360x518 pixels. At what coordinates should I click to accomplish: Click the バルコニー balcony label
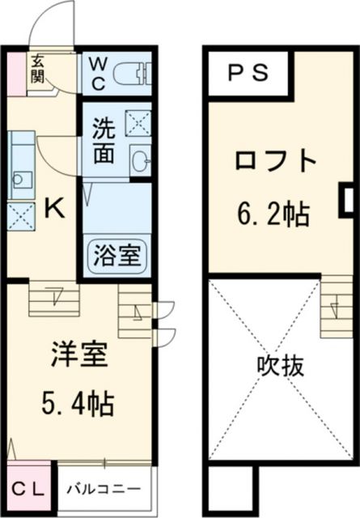tap(102, 490)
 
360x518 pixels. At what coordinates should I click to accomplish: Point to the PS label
tap(246, 74)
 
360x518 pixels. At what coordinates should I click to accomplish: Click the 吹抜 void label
tap(282, 367)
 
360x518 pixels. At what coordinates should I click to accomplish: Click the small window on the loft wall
tap(346, 199)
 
